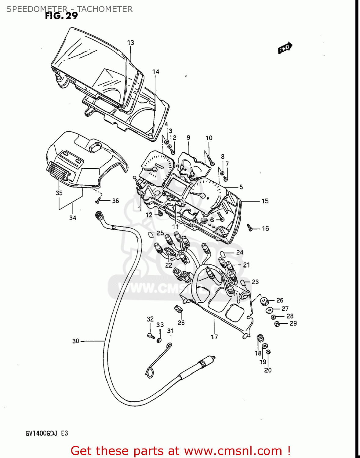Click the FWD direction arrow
[x=285, y=48]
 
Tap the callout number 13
[x=131, y=43]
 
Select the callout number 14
[x=156, y=72]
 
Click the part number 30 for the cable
[x=76, y=341]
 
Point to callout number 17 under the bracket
[x=214, y=337]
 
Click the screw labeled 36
[x=98, y=201]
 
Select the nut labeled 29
[x=277, y=324]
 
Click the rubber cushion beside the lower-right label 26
[x=264, y=301]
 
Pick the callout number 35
[x=59, y=193]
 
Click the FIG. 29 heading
[x=61, y=16]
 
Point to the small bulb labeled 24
[x=223, y=253]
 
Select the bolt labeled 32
[x=150, y=336]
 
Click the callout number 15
[x=265, y=201]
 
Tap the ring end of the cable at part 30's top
[x=98, y=215]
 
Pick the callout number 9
[x=188, y=138]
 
